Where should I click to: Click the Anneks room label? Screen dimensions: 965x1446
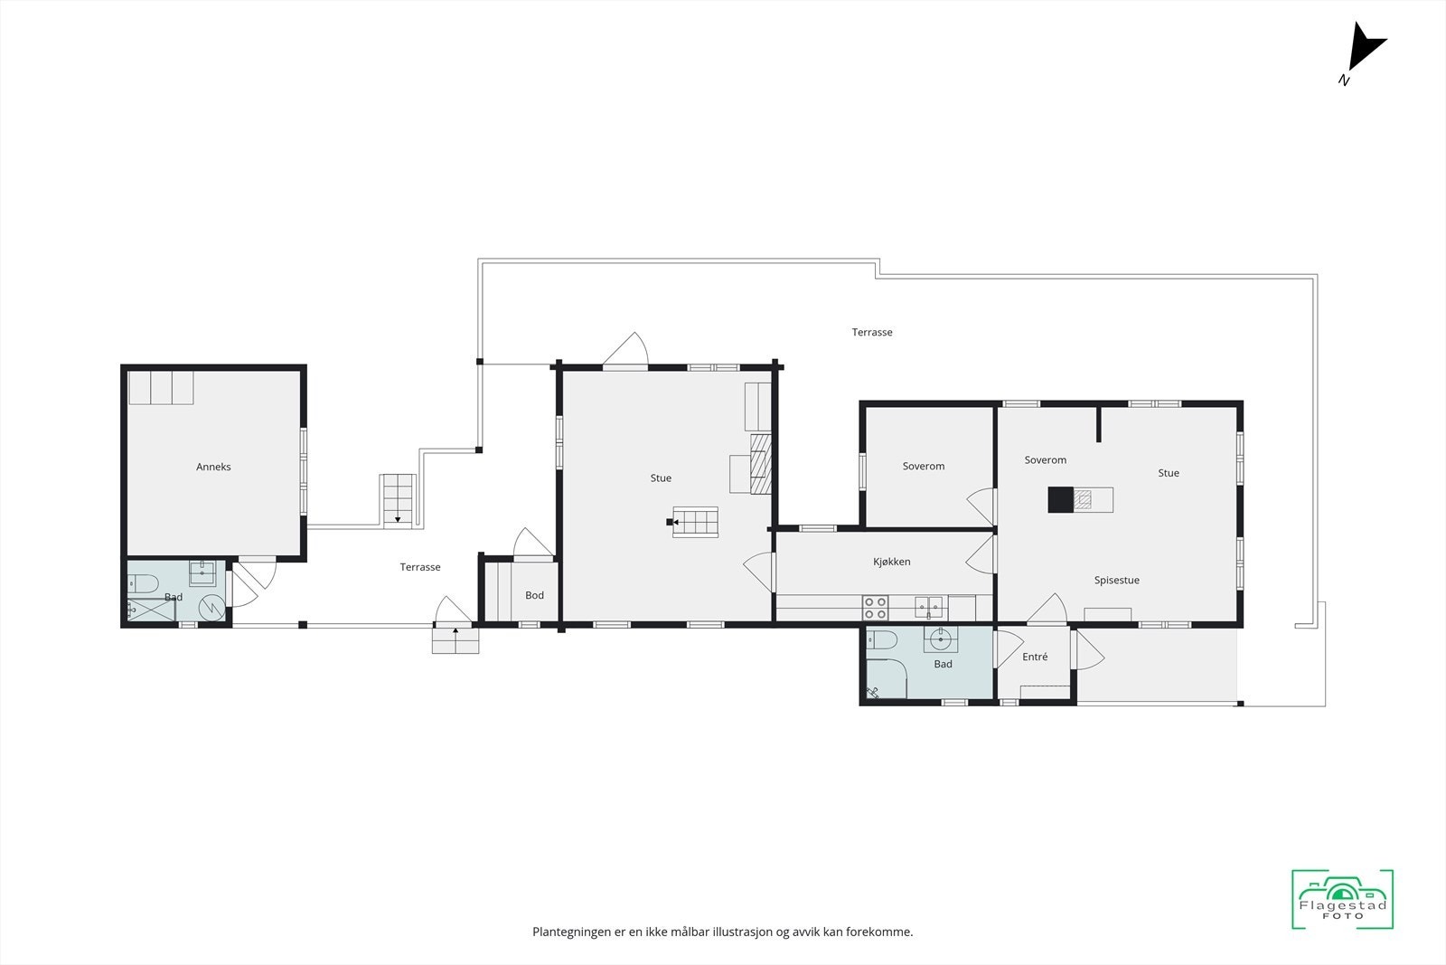(x=213, y=467)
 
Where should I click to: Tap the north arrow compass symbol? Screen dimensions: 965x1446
(x=1364, y=50)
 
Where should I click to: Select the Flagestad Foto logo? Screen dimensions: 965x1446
(x=1342, y=899)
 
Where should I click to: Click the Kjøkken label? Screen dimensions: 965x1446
(x=892, y=562)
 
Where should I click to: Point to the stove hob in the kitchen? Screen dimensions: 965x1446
(x=875, y=607)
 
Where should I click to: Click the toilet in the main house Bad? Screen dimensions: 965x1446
(x=881, y=641)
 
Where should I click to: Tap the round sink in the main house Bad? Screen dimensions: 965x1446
(x=942, y=639)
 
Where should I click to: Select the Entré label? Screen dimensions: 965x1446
(x=1035, y=657)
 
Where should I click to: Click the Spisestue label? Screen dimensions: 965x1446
(x=1116, y=581)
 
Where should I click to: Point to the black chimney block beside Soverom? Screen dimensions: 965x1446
(x=1060, y=499)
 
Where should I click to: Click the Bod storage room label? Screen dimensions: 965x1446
(x=534, y=595)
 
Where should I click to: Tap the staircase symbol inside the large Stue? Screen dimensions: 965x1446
(x=696, y=522)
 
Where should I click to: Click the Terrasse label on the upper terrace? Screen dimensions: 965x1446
(x=872, y=332)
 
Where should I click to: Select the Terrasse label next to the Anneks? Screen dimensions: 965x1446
(x=420, y=567)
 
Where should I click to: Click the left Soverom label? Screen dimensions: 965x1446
(x=924, y=467)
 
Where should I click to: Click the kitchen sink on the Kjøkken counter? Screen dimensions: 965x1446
(x=928, y=607)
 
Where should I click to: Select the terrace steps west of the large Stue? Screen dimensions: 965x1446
(x=398, y=499)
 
